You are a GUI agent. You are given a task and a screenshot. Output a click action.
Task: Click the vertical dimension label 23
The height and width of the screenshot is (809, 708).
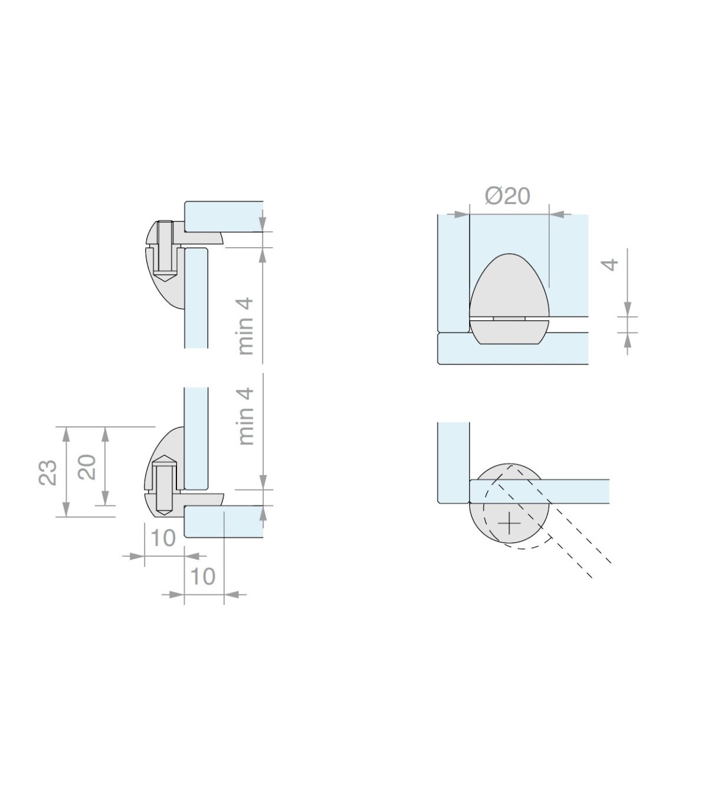(48, 472)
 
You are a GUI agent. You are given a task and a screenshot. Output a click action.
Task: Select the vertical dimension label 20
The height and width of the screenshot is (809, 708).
(87, 467)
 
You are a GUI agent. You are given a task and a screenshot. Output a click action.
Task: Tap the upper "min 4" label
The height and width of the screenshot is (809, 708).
(245, 326)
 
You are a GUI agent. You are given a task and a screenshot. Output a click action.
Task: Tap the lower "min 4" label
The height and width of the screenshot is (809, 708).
(245, 416)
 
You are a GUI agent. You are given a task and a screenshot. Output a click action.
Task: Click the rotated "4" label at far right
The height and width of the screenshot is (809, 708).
(609, 265)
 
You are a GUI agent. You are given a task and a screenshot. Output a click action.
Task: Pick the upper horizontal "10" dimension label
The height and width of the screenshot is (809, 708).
(163, 538)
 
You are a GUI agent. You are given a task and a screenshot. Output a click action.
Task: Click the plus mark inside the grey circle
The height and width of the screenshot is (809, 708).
(509, 524)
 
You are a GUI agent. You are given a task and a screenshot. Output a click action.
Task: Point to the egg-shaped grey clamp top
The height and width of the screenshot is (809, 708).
(509, 285)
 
